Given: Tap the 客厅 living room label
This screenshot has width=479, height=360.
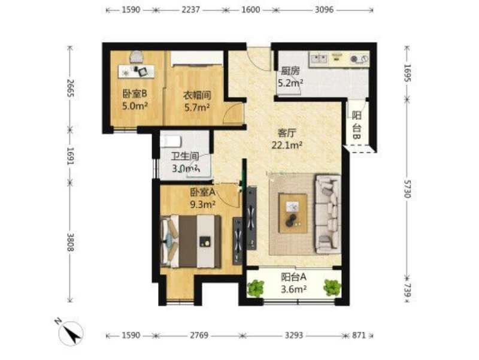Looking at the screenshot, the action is click(287, 133).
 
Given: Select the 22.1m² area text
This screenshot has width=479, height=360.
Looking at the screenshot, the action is click(287, 145).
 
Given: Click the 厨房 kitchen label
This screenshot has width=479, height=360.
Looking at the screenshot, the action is click(290, 71).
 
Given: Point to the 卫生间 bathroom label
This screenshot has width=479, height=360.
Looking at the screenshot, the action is click(185, 156).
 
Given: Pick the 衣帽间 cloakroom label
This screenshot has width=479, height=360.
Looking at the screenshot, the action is click(197, 95).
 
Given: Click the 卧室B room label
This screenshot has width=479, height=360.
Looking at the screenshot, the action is click(135, 93).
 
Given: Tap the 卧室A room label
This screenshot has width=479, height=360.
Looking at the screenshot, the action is click(203, 192).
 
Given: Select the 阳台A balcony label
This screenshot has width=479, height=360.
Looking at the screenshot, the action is click(293, 277).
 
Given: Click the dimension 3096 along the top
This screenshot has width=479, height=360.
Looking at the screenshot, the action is click(324, 10).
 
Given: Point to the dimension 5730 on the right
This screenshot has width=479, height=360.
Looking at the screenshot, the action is click(407, 189).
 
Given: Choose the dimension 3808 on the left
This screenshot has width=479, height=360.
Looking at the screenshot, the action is click(70, 243).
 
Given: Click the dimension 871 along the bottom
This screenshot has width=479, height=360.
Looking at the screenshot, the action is click(359, 335).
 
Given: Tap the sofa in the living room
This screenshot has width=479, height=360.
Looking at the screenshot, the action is click(328, 214).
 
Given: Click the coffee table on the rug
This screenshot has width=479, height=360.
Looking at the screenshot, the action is click(293, 213).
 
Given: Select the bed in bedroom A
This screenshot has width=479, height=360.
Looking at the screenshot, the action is click(190, 241).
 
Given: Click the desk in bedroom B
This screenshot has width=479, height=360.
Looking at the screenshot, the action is click(137, 71).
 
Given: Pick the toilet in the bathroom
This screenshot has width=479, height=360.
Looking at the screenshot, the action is click(171, 141).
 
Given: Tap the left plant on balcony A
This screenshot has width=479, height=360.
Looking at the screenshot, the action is click(256, 288).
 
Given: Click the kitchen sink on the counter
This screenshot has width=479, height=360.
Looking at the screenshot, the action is click(319, 58).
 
